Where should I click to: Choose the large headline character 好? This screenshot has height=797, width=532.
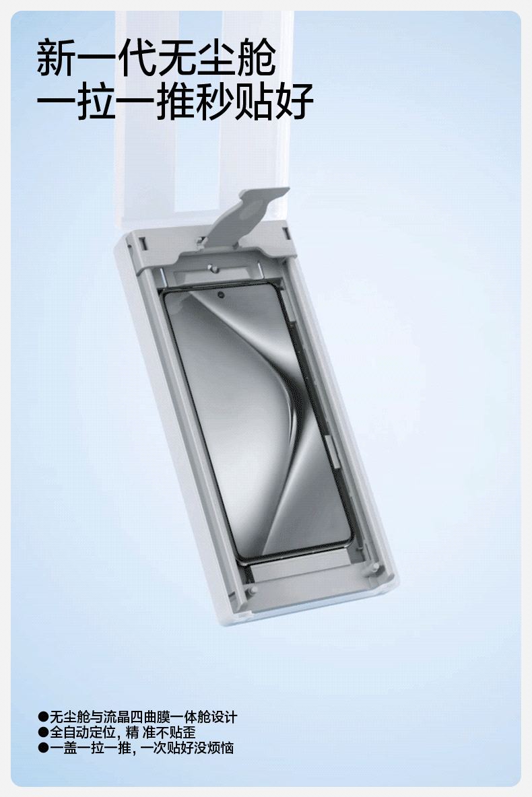(x=294, y=101)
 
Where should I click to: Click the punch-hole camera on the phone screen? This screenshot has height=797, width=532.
(x=220, y=296)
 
